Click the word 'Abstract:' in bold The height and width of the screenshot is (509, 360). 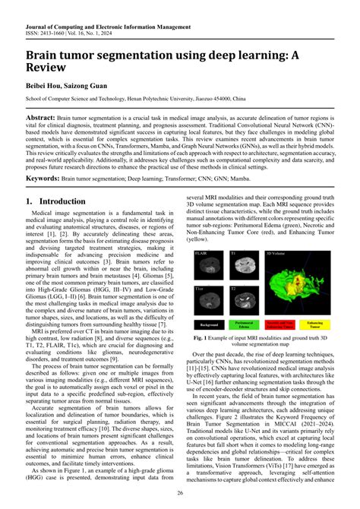click(x=47, y=120)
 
